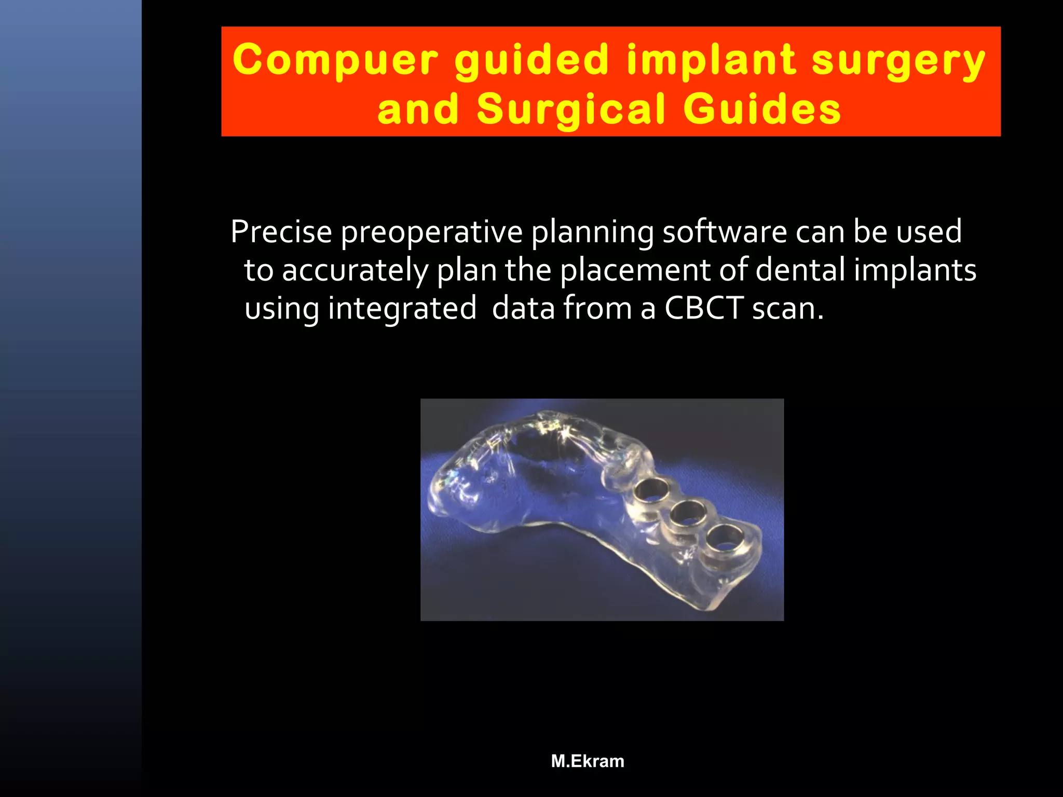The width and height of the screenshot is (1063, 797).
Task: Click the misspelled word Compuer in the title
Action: tap(335, 60)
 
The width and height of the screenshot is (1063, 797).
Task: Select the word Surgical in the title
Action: tap(571, 110)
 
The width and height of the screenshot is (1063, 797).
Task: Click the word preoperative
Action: tap(431, 232)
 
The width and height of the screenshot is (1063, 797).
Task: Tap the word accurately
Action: tap(355, 271)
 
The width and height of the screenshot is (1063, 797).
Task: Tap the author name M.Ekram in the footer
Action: tap(588, 761)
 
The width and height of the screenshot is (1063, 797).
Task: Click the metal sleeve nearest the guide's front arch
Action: tap(652, 490)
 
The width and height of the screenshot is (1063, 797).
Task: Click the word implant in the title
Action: tap(711, 60)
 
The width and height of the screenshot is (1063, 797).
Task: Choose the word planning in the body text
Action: tap(592, 232)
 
